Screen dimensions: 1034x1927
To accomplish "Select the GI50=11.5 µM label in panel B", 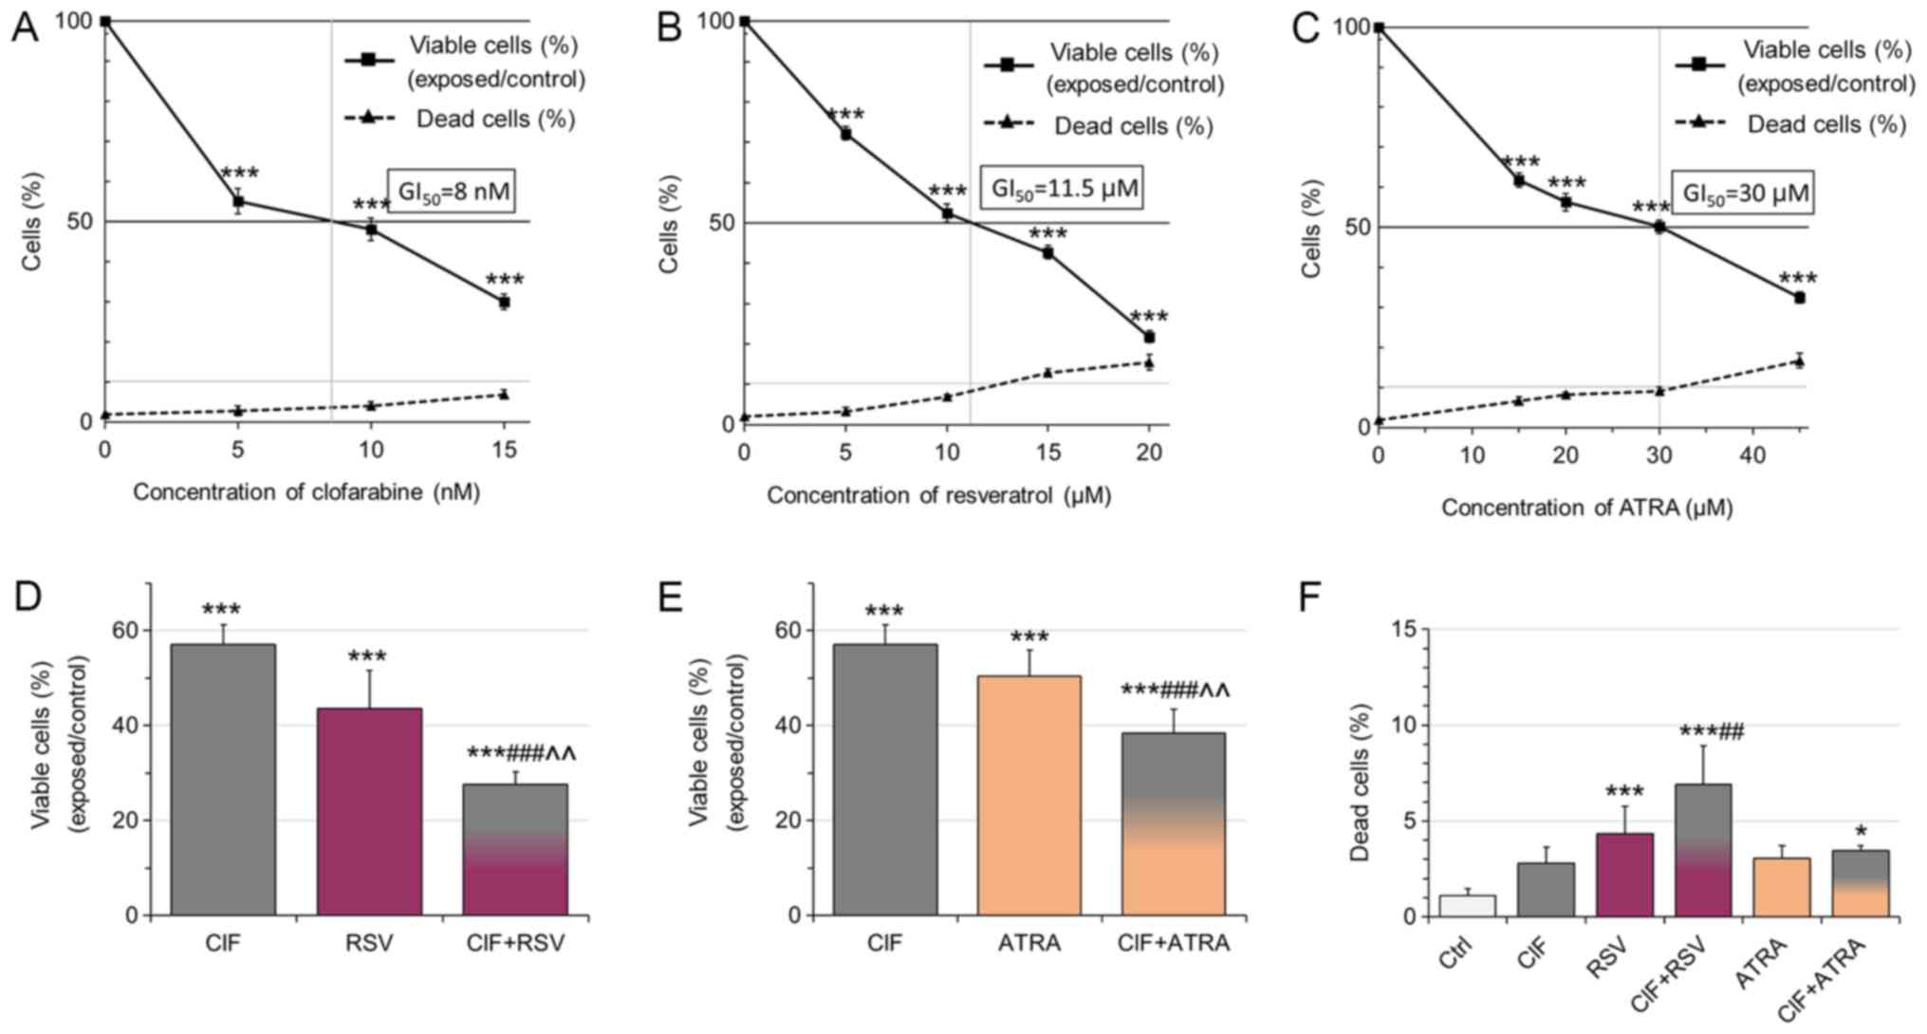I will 1065,188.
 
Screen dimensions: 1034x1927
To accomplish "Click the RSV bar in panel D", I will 369,811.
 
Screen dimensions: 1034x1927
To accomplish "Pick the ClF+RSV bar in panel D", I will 515,849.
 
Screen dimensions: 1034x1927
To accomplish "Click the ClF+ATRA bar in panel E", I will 1173,823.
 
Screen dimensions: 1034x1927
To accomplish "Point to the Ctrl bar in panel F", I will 1467,905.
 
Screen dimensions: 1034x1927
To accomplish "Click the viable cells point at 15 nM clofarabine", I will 505,302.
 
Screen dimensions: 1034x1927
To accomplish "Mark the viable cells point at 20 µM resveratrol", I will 1149,337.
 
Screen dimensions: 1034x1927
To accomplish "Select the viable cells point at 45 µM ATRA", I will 1798,297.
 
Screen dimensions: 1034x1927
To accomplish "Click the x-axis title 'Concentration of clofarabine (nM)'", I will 306,492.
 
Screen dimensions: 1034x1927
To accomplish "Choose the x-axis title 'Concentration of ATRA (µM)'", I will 1586,508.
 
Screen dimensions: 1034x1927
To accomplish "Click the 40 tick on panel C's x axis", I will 1752,456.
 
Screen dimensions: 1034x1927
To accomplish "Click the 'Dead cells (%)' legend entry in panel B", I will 1133,125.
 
